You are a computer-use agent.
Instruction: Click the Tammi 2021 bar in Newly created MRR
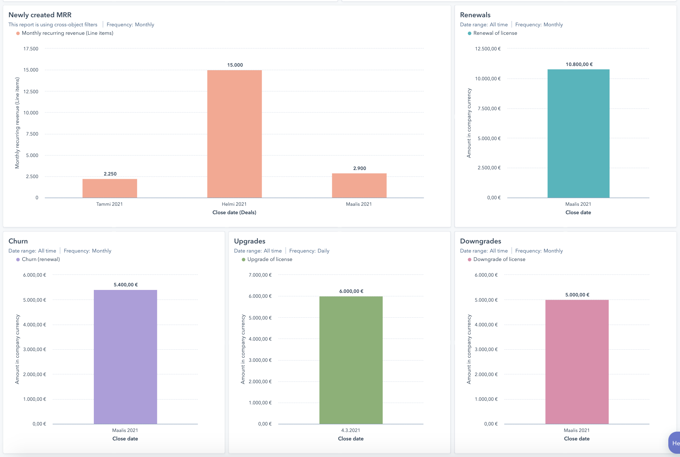(110, 188)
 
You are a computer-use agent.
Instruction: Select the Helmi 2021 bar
(234, 134)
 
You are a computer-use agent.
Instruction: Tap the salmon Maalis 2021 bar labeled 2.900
(359, 185)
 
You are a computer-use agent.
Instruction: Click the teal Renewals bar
(578, 133)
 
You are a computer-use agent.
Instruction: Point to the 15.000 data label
(235, 65)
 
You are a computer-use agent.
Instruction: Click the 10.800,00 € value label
(579, 64)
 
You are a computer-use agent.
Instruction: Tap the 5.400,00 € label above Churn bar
(126, 285)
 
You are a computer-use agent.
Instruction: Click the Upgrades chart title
(249, 241)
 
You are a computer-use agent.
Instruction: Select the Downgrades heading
(480, 241)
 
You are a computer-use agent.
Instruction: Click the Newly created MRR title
(40, 15)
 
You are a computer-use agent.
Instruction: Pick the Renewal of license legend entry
(495, 33)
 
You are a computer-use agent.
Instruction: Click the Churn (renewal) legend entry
(41, 259)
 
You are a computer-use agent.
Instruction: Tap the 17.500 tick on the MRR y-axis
(31, 49)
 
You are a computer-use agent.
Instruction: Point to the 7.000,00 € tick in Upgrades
(260, 275)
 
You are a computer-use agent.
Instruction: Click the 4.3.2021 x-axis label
(350, 430)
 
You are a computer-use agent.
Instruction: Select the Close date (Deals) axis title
(234, 213)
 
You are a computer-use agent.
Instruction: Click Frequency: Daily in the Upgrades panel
(309, 251)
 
